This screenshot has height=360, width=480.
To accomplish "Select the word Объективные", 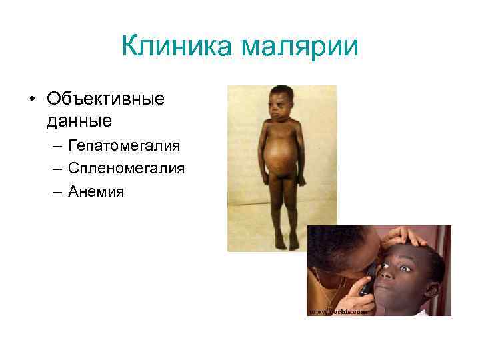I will point(105,99).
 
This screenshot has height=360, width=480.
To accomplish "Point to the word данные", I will point(79,121).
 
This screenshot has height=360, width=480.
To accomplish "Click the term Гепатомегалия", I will point(125,146).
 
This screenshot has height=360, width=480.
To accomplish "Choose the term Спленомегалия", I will point(126,169).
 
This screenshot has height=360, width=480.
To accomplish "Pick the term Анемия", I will point(96,192).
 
